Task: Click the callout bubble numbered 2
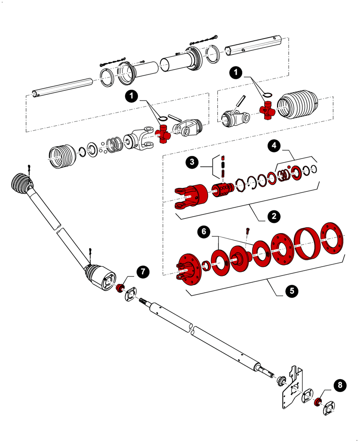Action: click(274, 216)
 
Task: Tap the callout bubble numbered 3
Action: click(192, 163)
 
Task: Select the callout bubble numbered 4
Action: click(274, 145)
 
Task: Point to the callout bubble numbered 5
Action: click(292, 291)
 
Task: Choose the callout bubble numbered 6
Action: click(203, 232)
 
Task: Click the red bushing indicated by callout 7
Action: click(120, 289)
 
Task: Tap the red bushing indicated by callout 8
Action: click(317, 402)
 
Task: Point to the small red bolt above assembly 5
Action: click(248, 230)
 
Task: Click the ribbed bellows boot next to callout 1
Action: click(298, 105)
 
